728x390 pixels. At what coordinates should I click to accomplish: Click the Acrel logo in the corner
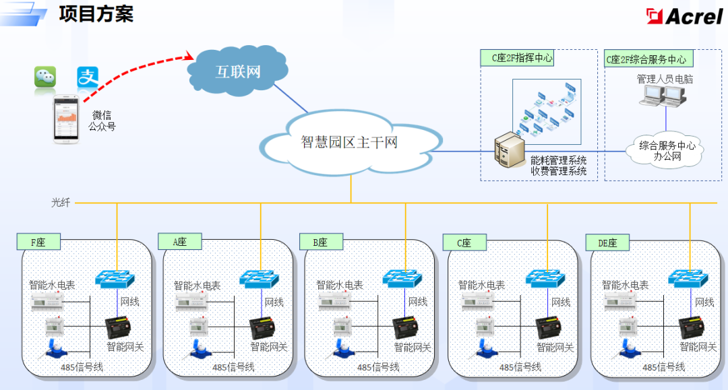(x=684, y=15)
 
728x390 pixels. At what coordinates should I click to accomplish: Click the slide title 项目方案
(x=96, y=13)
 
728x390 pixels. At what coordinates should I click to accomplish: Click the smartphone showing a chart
(x=67, y=119)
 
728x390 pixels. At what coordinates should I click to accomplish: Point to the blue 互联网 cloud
(x=237, y=71)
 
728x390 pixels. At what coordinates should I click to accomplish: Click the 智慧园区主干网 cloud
(x=349, y=142)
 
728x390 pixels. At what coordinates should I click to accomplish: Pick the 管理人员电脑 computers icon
(x=664, y=98)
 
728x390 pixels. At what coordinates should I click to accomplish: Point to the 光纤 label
(x=61, y=202)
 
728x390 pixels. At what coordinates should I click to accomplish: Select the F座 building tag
(x=38, y=241)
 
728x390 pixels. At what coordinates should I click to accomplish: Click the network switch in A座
(x=260, y=278)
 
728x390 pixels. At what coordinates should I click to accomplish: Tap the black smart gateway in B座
(x=407, y=328)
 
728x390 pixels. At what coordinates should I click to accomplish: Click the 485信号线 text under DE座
(x=663, y=367)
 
